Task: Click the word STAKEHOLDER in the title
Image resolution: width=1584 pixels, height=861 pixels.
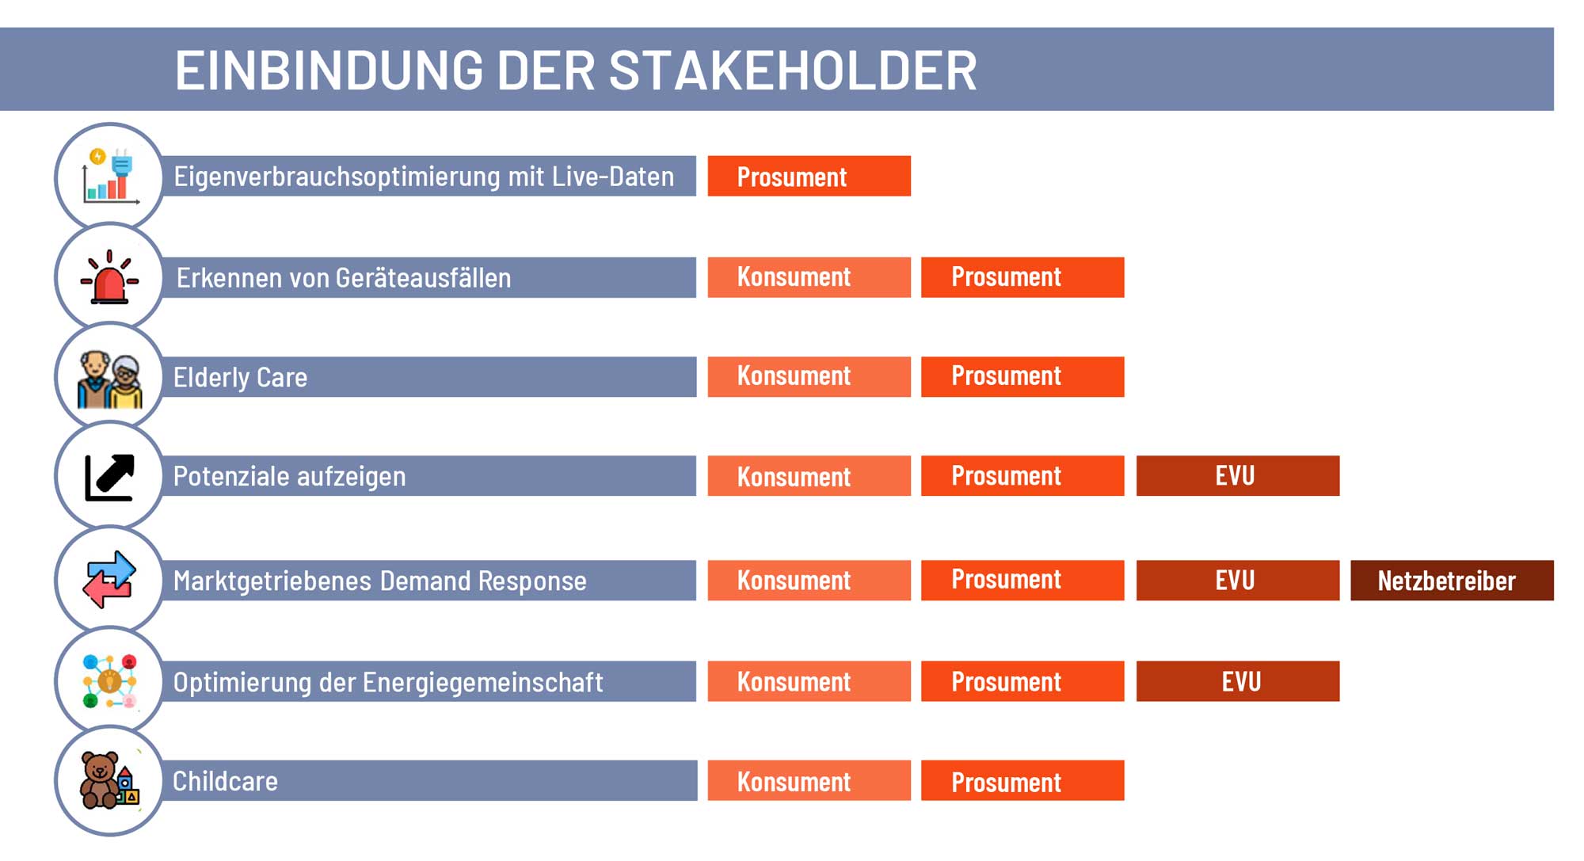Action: tap(793, 70)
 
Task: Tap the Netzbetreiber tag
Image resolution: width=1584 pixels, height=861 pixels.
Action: tap(1452, 581)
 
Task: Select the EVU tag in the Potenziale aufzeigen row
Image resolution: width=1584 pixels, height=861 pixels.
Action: tap(1238, 475)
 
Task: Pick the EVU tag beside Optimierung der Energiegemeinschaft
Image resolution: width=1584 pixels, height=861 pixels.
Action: tap(1238, 681)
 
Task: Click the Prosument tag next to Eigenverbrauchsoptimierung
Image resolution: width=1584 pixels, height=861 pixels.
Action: tap(809, 176)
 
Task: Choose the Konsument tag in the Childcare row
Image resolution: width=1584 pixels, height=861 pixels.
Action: tap(809, 781)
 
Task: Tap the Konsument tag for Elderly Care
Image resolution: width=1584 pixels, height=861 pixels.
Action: tap(809, 376)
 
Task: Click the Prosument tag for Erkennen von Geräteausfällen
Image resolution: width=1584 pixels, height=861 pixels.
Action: tap(1022, 277)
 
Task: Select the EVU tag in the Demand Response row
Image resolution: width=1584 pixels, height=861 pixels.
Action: tap(1238, 581)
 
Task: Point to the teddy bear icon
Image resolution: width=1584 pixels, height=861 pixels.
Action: tap(110, 780)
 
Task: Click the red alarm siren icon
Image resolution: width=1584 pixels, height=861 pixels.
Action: tap(109, 277)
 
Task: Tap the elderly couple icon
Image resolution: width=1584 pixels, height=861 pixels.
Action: tap(109, 379)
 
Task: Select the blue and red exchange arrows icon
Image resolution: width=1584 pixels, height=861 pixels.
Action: tap(109, 580)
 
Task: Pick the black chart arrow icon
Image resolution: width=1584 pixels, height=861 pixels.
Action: tap(109, 478)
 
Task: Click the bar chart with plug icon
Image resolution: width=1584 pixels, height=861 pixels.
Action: tap(110, 176)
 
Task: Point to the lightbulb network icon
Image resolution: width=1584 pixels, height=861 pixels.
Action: tap(109, 681)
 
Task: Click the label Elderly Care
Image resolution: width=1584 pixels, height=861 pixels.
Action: tap(240, 377)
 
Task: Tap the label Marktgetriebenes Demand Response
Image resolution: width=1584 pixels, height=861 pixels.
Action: tap(380, 581)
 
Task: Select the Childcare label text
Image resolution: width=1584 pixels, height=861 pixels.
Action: tap(225, 782)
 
